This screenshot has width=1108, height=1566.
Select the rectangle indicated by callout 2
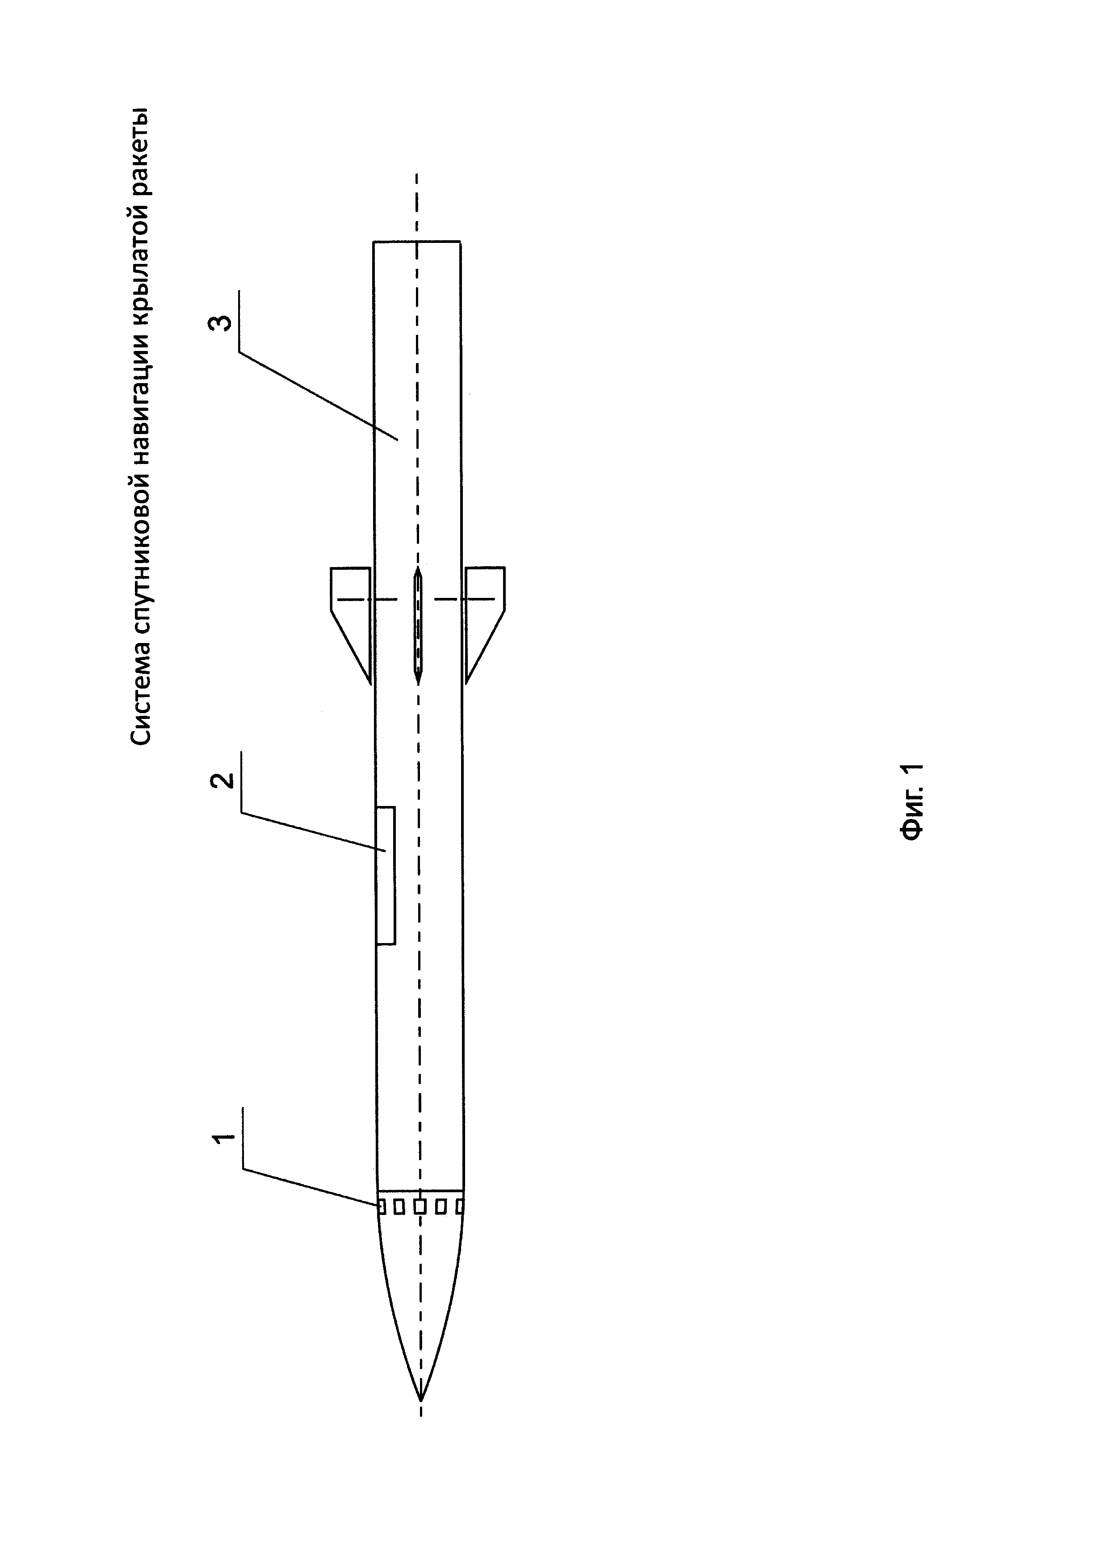(386, 875)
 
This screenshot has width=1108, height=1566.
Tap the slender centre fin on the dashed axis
(418, 624)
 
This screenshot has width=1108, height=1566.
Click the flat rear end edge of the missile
(417, 242)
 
